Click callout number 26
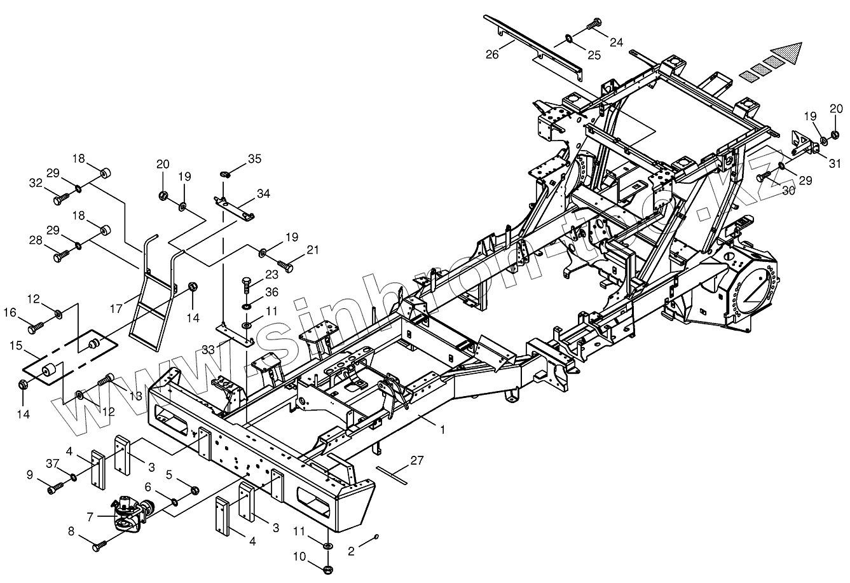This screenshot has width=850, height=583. click(491, 55)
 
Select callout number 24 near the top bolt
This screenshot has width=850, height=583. click(616, 43)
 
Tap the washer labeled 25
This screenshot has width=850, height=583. click(567, 41)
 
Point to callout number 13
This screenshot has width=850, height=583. click(135, 395)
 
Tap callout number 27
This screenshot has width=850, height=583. click(416, 460)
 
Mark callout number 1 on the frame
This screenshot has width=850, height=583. click(442, 430)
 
